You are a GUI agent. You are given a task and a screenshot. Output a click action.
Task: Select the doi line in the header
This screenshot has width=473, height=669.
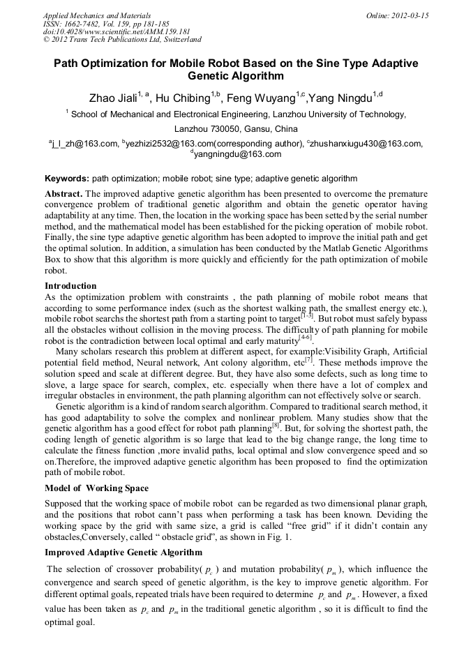(117, 32)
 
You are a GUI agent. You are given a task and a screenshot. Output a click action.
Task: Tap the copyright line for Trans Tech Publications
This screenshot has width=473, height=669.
(122, 40)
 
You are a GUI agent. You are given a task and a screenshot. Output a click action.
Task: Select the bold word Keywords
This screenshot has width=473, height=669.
(66, 179)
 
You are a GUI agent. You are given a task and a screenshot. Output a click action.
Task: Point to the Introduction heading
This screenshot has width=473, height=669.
(70, 285)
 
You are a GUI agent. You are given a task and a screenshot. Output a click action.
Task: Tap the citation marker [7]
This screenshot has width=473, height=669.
(308, 360)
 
